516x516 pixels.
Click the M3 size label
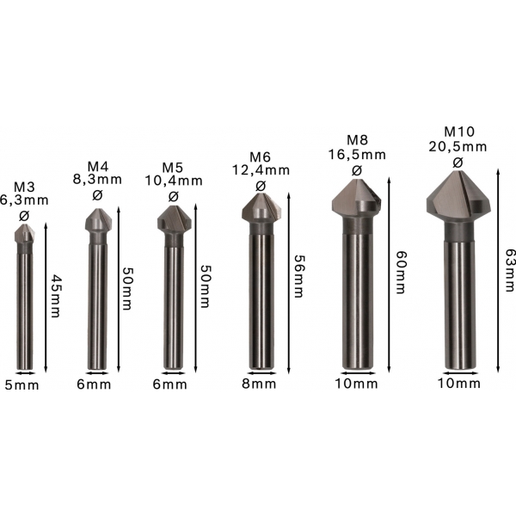tap(24, 187)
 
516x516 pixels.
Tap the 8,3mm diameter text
tap(97, 180)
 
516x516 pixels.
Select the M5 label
tap(173, 168)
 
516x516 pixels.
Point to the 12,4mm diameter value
tap(261, 170)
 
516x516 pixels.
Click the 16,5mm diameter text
tap(357, 154)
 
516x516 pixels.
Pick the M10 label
tap(459, 132)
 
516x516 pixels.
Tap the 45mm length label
tap(55, 296)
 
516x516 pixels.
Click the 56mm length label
tap(298, 276)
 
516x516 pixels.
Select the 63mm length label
tap(510, 270)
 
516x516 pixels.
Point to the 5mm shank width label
tap(21, 385)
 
